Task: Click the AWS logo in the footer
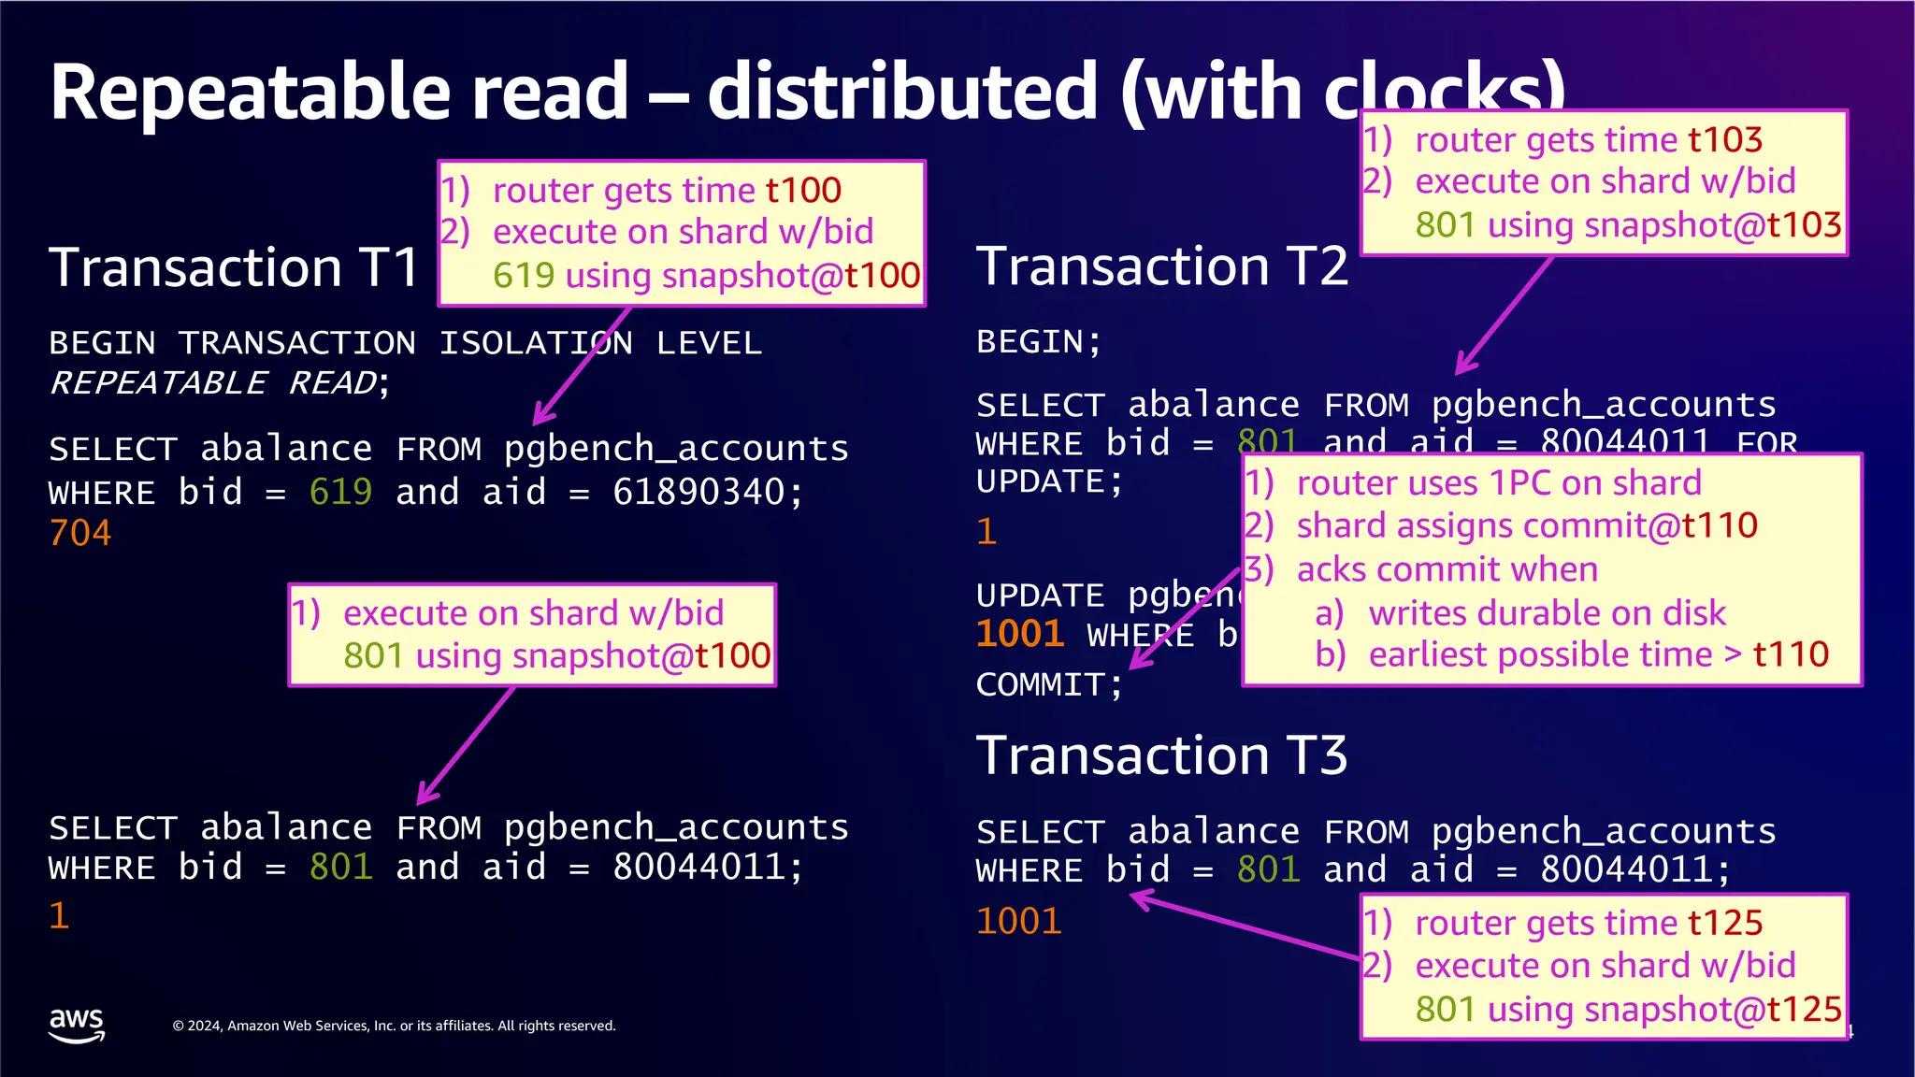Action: [x=77, y=1024]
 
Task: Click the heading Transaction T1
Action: [x=234, y=267]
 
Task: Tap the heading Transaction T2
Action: [x=1161, y=266]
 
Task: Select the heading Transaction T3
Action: [x=1161, y=755]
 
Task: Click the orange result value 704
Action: [x=80, y=533]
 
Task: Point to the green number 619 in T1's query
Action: [x=340, y=492]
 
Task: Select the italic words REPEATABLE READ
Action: [x=213, y=383]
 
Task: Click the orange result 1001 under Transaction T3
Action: [x=1018, y=922]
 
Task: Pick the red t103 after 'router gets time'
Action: [x=1724, y=140]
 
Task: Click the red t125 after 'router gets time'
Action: [x=1724, y=924]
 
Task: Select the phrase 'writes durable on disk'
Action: [x=1547, y=613]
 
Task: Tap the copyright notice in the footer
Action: [x=394, y=1026]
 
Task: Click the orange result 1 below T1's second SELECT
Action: [x=59, y=915]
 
